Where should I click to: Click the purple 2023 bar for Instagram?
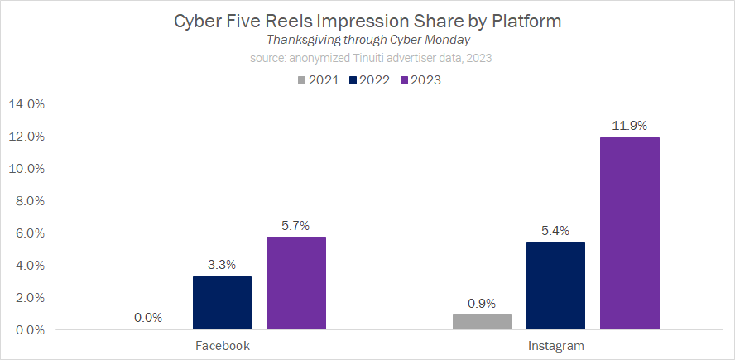(629, 233)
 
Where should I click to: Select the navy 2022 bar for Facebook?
(222, 303)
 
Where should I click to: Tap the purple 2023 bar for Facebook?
(296, 283)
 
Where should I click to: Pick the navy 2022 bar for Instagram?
(555, 286)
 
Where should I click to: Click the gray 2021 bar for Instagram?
(482, 322)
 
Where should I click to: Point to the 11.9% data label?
(629, 126)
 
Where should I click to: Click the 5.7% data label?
(295, 226)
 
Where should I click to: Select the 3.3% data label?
(222, 265)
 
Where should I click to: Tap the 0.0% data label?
(148, 318)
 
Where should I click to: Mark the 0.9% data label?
(482, 303)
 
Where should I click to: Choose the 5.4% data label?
(555, 231)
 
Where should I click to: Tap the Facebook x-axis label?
(222, 345)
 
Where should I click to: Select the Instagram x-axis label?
(555, 345)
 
